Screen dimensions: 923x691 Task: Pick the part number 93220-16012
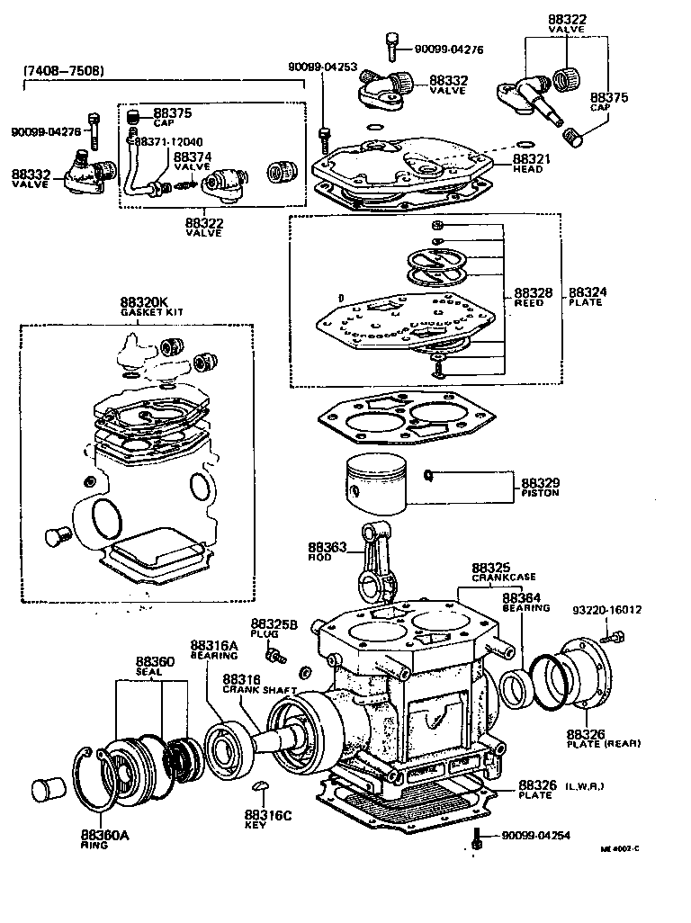coord(607,610)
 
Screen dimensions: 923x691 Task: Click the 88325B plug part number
coord(268,624)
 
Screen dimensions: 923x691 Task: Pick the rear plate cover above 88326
coord(585,675)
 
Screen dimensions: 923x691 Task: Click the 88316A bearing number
coord(213,646)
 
